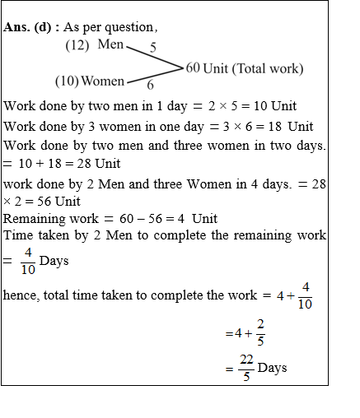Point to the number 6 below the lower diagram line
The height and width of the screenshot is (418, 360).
pyautogui.click(x=150, y=85)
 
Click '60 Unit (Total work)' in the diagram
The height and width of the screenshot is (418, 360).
pyautogui.click(x=245, y=67)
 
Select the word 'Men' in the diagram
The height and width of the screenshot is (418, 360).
pyautogui.click(x=110, y=44)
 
